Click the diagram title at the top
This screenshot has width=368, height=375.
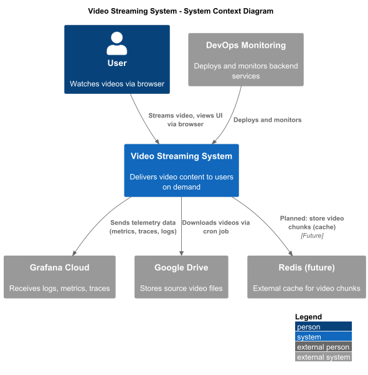[181, 11]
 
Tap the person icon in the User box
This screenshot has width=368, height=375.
[117, 44]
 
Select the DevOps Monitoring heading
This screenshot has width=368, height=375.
[246, 45]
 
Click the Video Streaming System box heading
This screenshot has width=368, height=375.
[181, 156]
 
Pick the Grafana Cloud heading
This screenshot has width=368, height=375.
[60, 267]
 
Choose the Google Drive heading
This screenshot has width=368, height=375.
[181, 267]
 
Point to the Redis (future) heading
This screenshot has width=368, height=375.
[307, 267]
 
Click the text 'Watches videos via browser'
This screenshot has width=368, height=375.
[117, 84]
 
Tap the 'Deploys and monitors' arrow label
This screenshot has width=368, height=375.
[268, 120]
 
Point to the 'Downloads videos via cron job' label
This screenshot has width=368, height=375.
[215, 227]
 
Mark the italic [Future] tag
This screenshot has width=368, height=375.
[312, 236]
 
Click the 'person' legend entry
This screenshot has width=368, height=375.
[323, 326]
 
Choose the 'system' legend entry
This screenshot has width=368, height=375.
[323, 336]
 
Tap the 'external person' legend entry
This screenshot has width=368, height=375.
[323, 347]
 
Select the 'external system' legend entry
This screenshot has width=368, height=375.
[323, 357]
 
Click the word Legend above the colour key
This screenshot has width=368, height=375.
[308, 317]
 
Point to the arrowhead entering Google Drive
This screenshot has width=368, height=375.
[181, 254]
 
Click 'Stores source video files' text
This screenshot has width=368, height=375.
[181, 289]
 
